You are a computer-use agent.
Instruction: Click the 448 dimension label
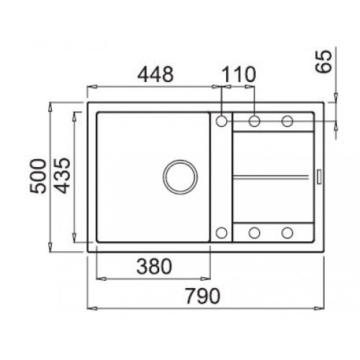[x=156, y=74]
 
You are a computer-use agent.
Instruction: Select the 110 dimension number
[x=238, y=74]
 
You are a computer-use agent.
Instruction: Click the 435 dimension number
[x=62, y=175]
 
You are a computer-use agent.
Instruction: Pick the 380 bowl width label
[x=154, y=266]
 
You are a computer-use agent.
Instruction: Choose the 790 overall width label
[x=203, y=296]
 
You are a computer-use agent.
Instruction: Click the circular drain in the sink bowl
[x=180, y=177]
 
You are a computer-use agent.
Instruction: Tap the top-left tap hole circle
[x=221, y=121]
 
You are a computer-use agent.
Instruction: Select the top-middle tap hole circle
[x=254, y=121]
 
